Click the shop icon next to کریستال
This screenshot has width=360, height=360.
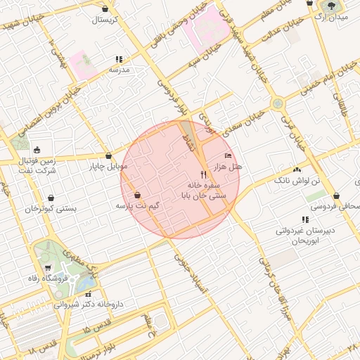(105, 9)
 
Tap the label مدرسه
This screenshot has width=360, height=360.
(119, 70)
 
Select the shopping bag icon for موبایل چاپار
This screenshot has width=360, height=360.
(108, 156)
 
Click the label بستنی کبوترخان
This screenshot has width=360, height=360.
(50, 209)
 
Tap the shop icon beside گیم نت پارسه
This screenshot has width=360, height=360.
(136, 195)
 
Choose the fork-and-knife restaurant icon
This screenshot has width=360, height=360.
(203, 174)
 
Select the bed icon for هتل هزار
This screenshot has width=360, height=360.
(227, 155)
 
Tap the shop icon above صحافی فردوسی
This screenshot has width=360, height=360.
(337, 196)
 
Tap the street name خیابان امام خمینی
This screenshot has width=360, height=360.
(328, 79)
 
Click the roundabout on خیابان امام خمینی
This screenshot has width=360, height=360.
(278, 103)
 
